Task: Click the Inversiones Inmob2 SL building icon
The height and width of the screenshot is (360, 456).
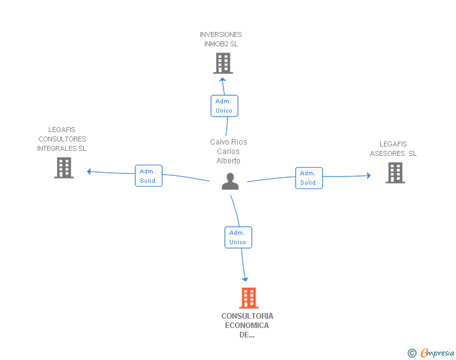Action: tap(223, 63)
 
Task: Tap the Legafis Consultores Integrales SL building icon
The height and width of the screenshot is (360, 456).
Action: tap(64, 168)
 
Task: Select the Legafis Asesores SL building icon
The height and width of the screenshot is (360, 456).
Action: tap(395, 173)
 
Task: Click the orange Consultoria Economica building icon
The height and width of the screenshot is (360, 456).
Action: tap(249, 298)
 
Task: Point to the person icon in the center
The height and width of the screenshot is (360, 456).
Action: tap(231, 182)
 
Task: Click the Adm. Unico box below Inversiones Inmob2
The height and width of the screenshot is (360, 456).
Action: tap(224, 106)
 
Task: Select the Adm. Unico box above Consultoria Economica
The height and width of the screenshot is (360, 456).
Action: tap(238, 237)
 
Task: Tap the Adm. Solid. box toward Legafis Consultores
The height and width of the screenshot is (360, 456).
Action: tap(148, 176)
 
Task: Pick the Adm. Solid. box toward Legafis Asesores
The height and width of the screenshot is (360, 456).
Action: tap(309, 178)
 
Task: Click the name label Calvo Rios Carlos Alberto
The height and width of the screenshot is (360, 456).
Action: tap(229, 152)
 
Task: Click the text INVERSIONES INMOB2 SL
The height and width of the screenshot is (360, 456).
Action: tap(220, 39)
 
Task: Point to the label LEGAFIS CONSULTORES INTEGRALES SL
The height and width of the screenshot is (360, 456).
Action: tap(62, 139)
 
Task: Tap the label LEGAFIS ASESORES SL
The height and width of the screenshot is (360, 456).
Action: tap(393, 149)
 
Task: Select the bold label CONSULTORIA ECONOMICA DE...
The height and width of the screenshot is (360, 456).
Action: tap(247, 325)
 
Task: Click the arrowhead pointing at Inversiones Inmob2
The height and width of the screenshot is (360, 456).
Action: tap(222, 80)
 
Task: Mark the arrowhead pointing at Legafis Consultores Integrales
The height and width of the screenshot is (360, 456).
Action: tap(90, 171)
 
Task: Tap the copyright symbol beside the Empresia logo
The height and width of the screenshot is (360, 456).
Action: tap(412, 354)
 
